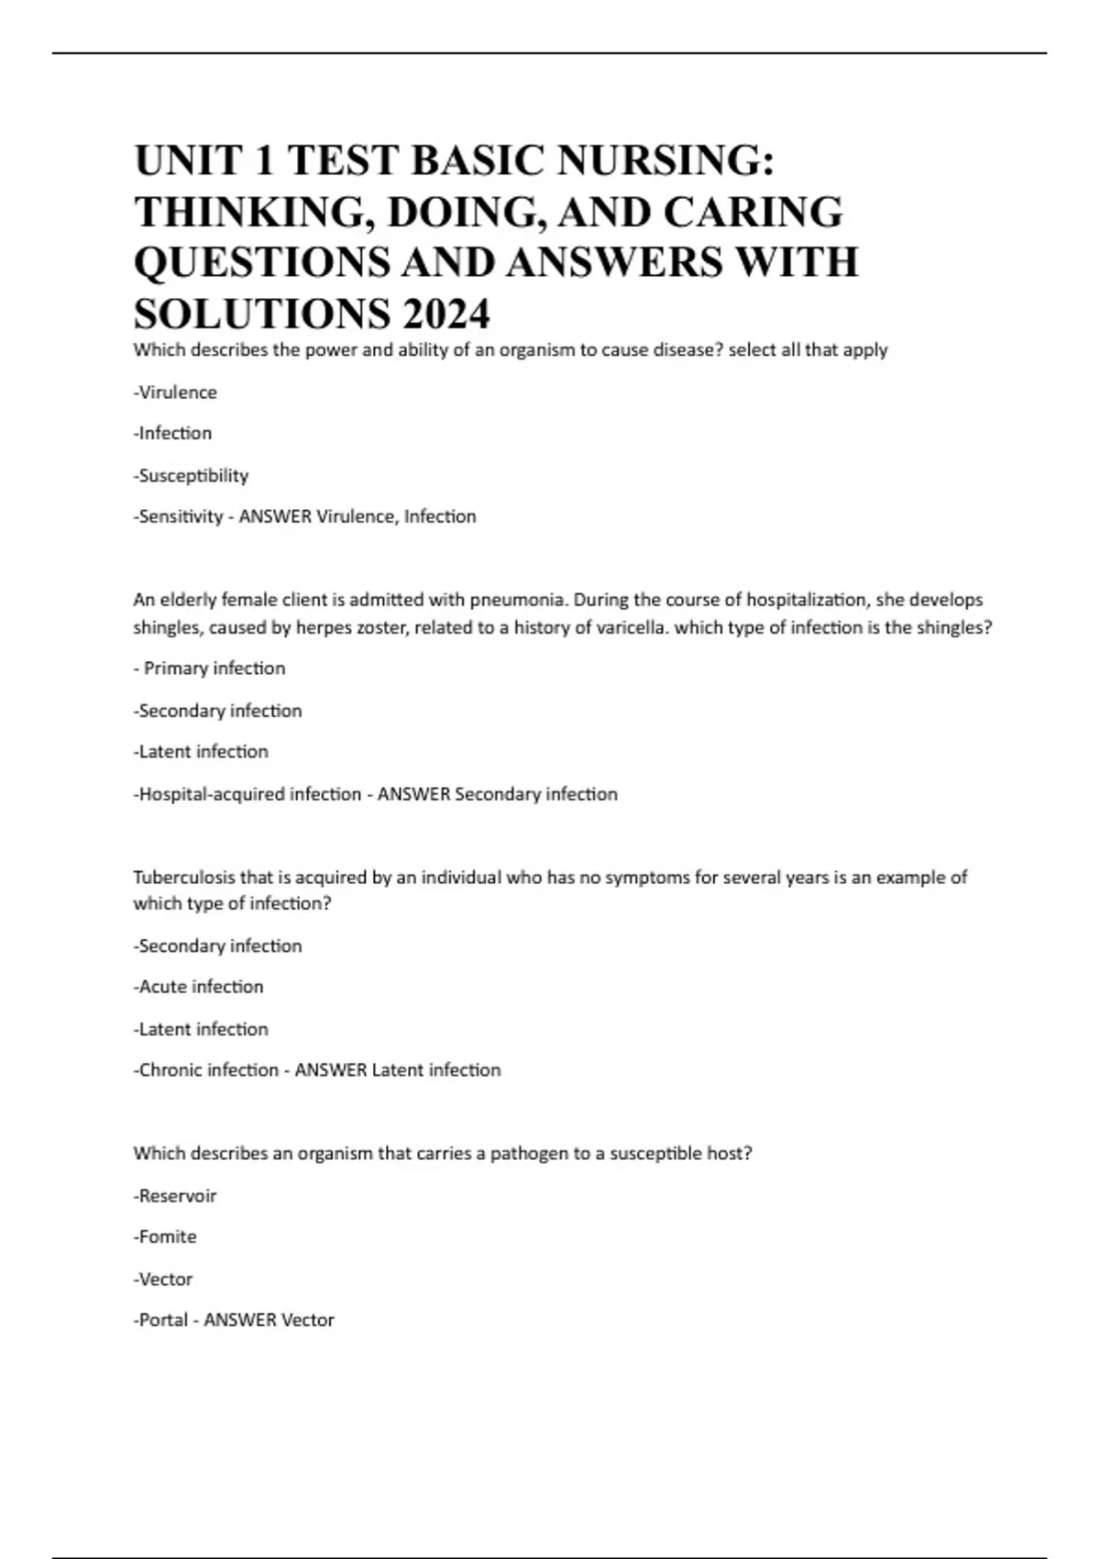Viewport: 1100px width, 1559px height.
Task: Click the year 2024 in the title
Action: click(x=445, y=314)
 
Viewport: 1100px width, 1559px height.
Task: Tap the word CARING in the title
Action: click(x=752, y=212)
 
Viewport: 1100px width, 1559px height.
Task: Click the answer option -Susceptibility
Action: click(x=191, y=475)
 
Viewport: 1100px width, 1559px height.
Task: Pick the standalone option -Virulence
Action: click(x=175, y=393)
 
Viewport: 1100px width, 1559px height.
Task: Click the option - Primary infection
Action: click(x=209, y=669)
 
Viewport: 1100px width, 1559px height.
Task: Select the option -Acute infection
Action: click(x=198, y=987)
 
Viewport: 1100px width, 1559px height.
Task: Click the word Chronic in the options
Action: click(x=170, y=1069)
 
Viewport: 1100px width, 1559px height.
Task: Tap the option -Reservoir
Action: click(x=175, y=1196)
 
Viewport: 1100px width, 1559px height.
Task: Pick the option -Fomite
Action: click(x=165, y=1237)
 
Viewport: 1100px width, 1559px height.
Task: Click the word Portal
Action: click(x=163, y=1320)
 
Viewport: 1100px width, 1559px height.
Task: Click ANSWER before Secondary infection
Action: click(x=413, y=793)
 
